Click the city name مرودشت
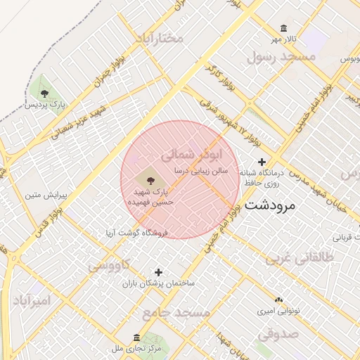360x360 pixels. tap(271, 206)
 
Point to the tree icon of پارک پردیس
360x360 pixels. tap(45, 94)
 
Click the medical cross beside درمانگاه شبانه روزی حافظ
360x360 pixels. tap(262, 162)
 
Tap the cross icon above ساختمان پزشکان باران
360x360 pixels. tap(158, 271)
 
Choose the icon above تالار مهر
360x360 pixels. tap(283, 28)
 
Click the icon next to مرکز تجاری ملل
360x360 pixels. tap(136, 338)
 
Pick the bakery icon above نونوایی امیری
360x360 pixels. tap(278, 299)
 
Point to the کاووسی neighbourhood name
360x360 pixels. tap(109, 265)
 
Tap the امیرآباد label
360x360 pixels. tap(32, 300)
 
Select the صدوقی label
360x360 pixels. tap(278, 333)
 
